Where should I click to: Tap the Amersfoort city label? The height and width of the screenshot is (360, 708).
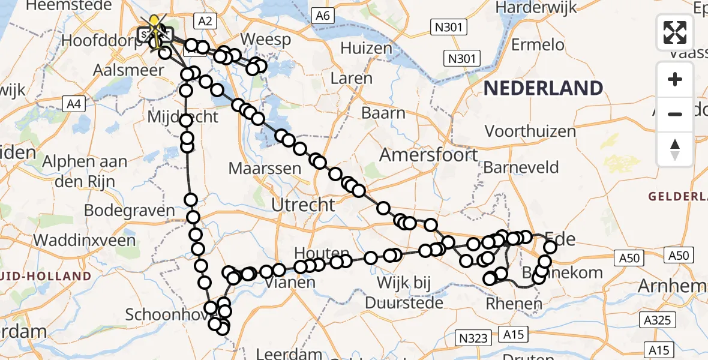point(428,155)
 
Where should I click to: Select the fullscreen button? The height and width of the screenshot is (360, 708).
point(675,32)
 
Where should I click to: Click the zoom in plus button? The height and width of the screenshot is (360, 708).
point(675,80)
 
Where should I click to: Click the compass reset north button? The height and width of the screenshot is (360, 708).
point(675,149)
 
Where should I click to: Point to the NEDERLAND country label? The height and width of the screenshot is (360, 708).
point(543,88)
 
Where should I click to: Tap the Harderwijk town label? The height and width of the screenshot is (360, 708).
point(536,8)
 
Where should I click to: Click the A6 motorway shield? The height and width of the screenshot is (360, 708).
point(323,16)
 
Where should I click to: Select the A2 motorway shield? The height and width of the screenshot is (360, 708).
point(205,21)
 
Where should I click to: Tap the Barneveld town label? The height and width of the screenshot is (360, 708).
point(521,167)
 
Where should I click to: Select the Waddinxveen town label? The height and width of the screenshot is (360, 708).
point(85,240)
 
